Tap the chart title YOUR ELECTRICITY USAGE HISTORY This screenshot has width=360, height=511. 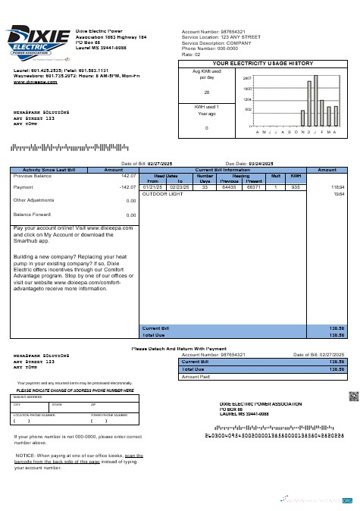(x=263, y=64)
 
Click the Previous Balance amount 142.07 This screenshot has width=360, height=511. (x=127, y=175)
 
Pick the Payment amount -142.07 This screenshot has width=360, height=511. (x=127, y=187)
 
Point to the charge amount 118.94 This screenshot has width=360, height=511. (x=337, y=187)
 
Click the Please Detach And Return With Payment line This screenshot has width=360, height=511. (x=180, y=348)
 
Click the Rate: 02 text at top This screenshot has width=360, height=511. (x=191, y=55)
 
